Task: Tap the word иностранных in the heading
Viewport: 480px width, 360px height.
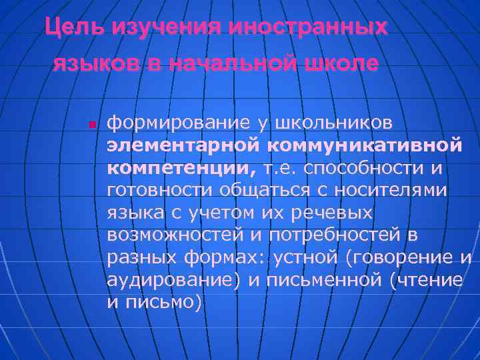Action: point(307,28)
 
